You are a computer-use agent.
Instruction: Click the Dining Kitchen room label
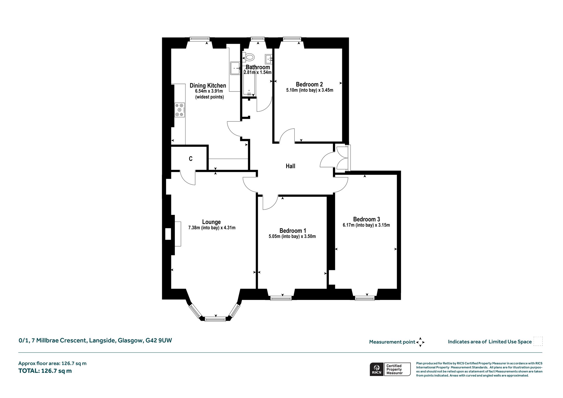pos(208,85)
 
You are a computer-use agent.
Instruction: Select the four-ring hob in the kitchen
pos(180,110)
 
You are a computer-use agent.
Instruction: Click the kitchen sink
pos(235,68)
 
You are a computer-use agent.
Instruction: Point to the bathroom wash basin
pos(269,59)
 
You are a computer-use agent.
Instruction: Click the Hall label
pos(291,166)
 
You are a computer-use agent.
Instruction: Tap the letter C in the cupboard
pos(191,159)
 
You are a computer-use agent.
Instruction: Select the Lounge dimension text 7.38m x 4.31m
pos(212,228)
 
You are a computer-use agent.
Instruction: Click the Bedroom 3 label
pos(366,219)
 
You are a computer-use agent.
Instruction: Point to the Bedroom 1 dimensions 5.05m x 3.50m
pos(292,236)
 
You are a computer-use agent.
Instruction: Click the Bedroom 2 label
pos(309,84)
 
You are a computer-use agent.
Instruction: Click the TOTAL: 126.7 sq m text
pos(45,371)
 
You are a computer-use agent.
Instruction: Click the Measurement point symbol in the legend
pos(420,342)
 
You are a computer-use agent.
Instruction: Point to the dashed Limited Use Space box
pos(538,341)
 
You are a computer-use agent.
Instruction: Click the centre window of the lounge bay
pos(215,319)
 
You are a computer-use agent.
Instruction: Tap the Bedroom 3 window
pos(365,298)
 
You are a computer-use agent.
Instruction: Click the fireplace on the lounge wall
pos(173,234)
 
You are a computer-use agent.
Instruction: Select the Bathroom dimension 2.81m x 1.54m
pos(258,73)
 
